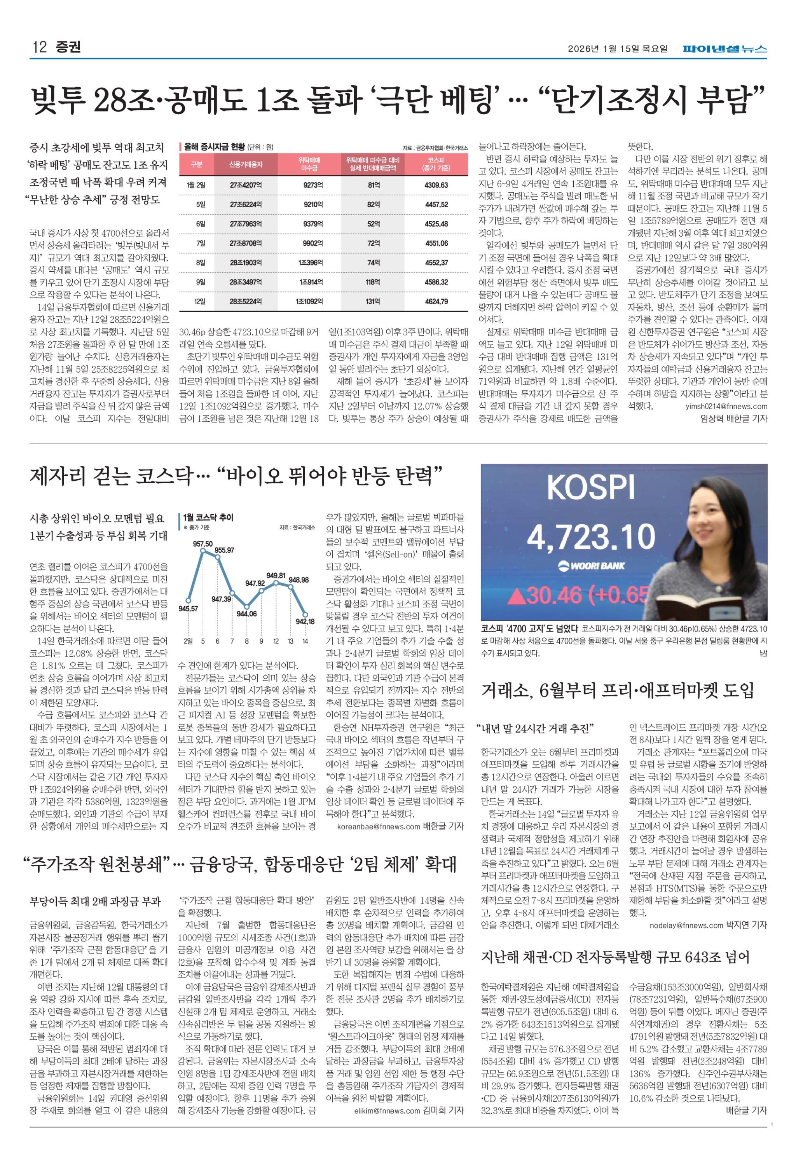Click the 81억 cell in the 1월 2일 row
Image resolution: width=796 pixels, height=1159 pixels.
pyautogui.click(x=374, y=185)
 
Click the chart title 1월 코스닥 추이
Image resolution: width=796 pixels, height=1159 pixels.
pyautogui.click(x=208, y=518)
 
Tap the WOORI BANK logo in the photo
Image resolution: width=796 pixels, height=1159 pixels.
pyautogui.click(x=591, y=566)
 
